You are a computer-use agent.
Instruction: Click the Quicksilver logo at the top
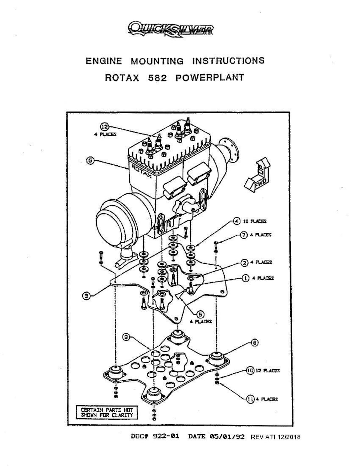(171, 29)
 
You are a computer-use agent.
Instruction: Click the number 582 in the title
(157, 78)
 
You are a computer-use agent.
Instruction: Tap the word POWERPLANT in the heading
(210, 78)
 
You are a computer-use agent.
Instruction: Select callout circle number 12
(104, 127)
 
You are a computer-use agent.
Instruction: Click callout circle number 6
(90, 160)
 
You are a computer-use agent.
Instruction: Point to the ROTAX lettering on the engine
(141, 171)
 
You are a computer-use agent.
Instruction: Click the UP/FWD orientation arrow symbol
(257, 175)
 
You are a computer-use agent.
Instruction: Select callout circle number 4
(236, 221)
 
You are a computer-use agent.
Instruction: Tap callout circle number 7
(244, 235)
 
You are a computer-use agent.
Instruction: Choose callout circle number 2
(245, 263)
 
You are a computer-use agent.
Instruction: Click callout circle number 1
(245, 278)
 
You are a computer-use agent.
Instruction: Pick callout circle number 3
(87, 296)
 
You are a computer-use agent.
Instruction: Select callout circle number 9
(126, 337)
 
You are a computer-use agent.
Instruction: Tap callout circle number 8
(254, 342)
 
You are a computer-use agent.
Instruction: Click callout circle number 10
(250, 370)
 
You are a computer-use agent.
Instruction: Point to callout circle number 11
(250, 399)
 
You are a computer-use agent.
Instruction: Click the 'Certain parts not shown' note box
(107, 412)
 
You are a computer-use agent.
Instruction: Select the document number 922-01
(166, 436)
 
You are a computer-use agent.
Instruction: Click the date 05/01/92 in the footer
(227, 436)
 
